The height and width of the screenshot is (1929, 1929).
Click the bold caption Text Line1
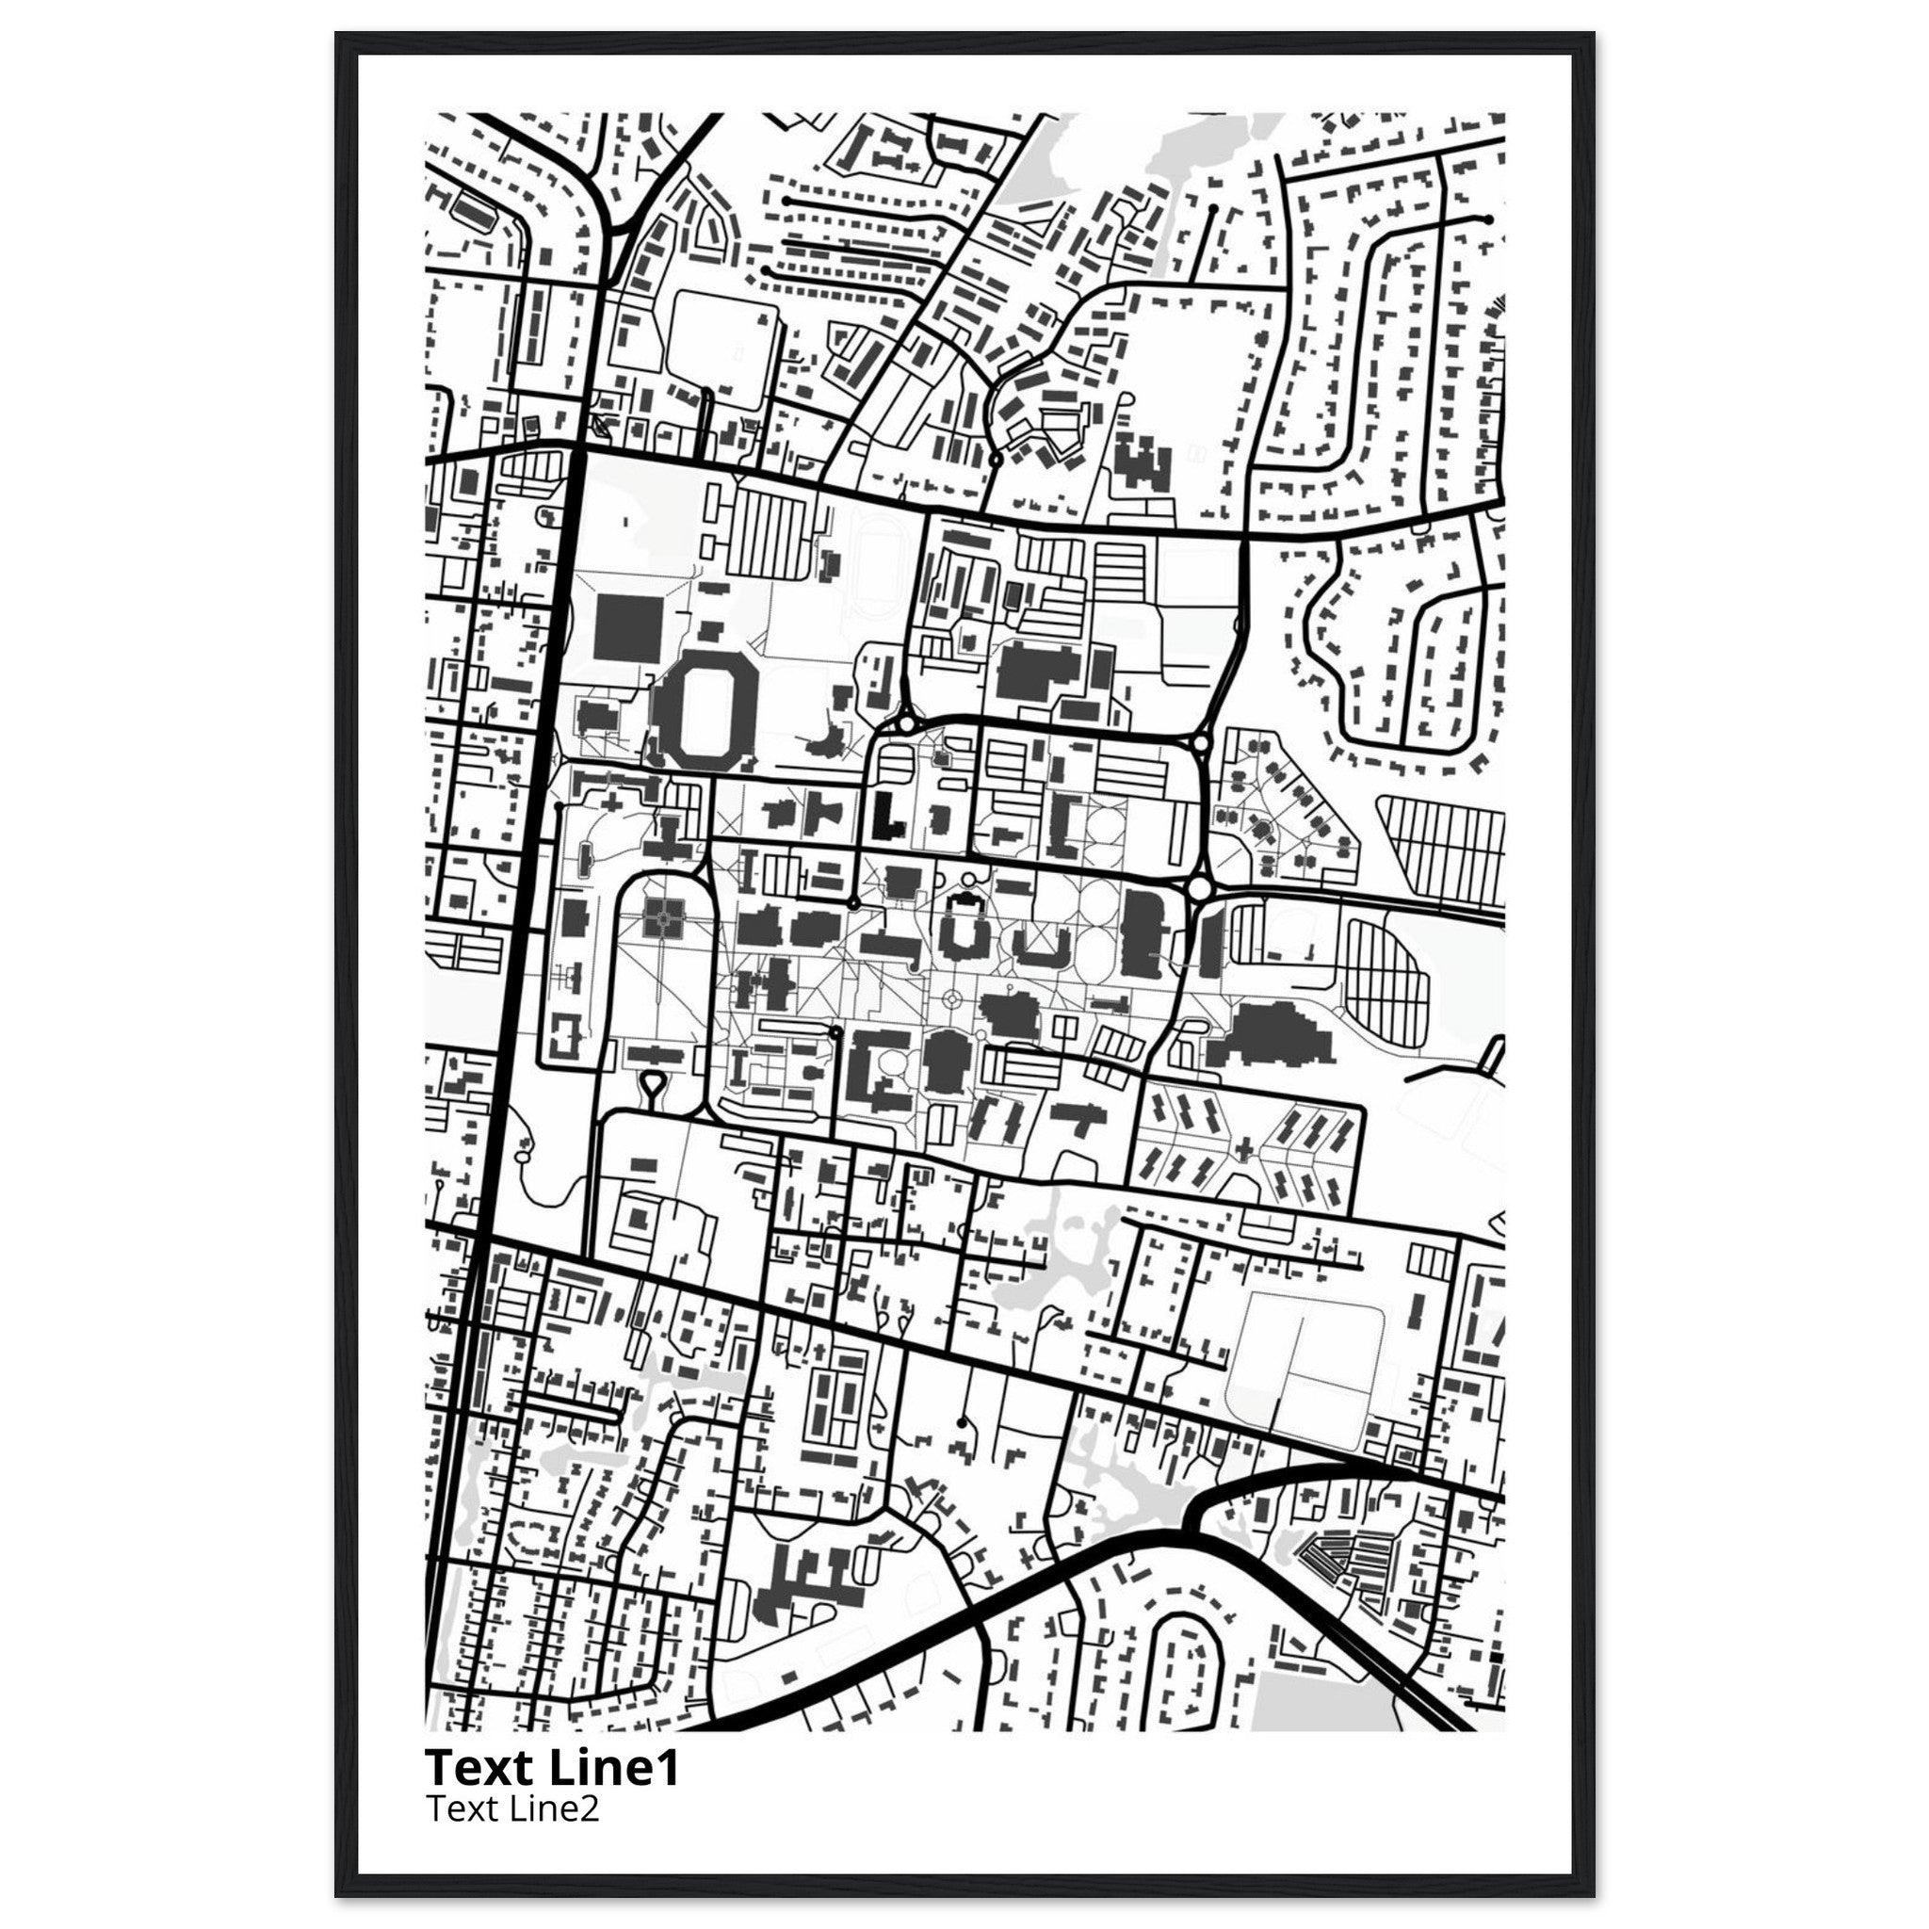[x=552, y=1768]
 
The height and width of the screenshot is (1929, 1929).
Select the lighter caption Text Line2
[x=512, y=1808]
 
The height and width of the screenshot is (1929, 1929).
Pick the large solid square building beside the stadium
[x=627, y=626]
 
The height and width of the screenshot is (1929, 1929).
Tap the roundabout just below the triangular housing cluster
[x=1199, y=887]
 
